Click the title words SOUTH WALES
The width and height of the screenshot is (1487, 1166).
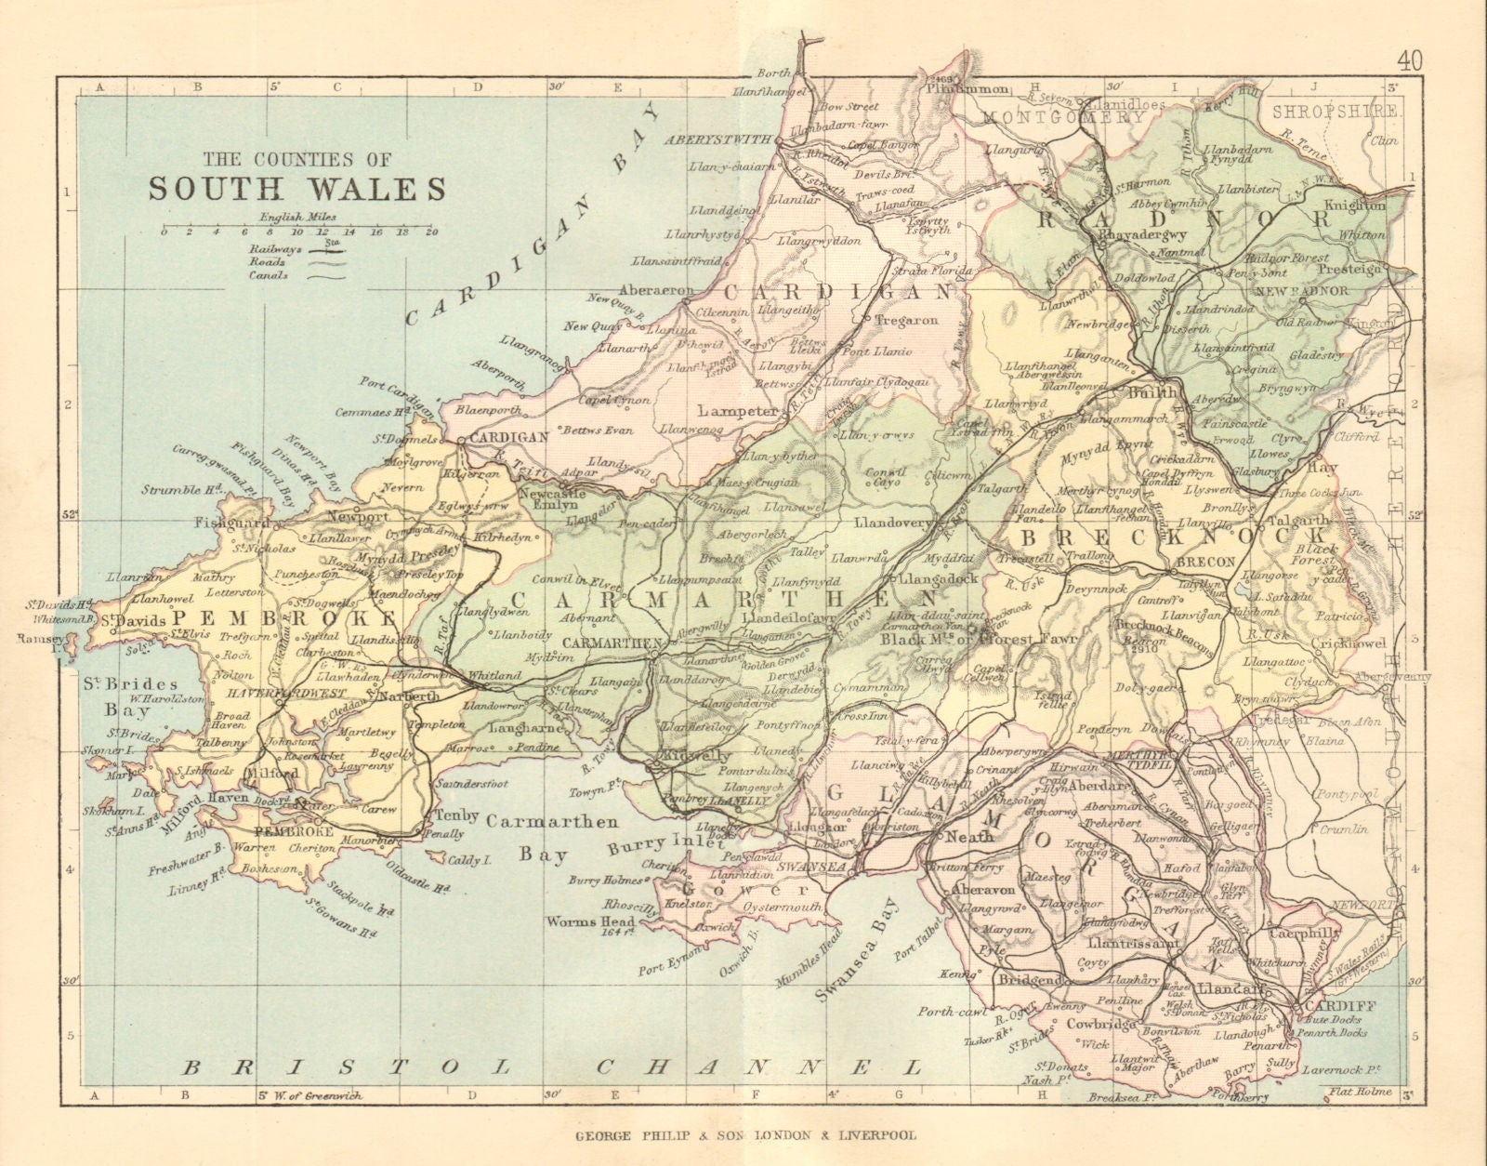click(x=297, y=188)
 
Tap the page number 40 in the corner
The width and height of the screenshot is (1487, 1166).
click(x=1408, y=61)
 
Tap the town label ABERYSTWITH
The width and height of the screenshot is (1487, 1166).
click(x=718, y=139)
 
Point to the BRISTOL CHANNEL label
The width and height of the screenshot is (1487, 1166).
click(x=552, y=1066)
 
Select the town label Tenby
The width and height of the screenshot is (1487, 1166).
click(x=455, y=815)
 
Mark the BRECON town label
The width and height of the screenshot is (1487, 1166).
click(x=1205, y=563)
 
